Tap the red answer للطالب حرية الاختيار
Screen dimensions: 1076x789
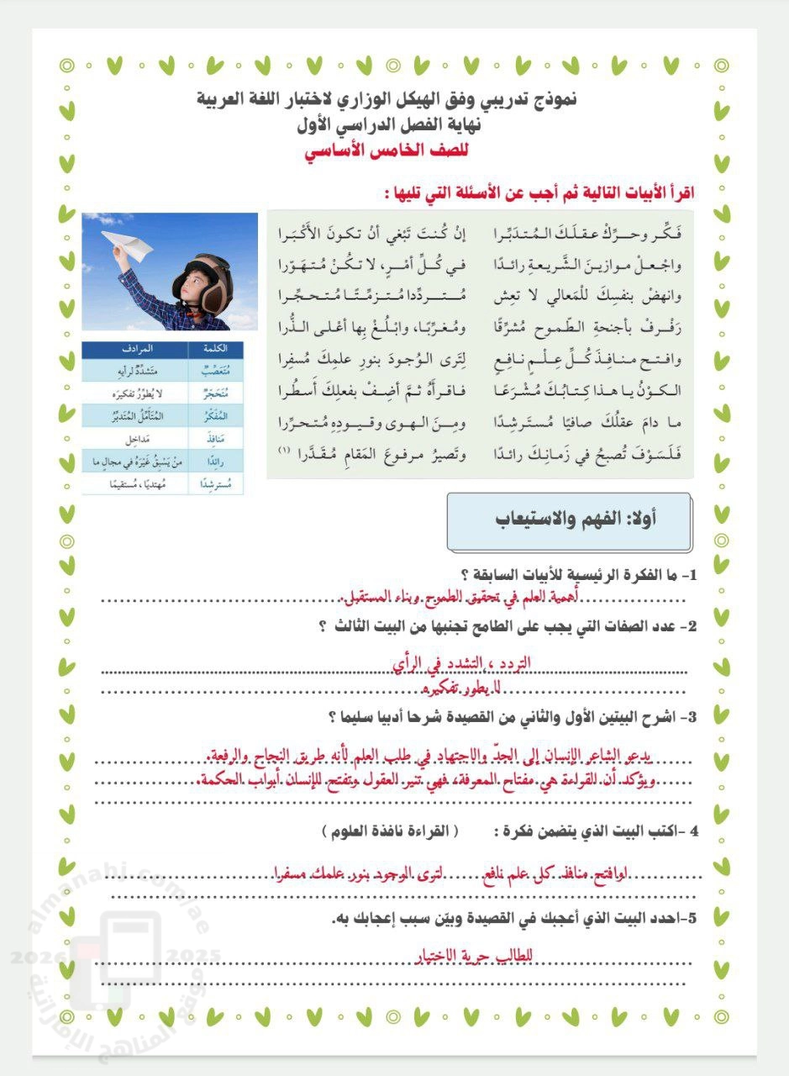coord(476,955)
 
